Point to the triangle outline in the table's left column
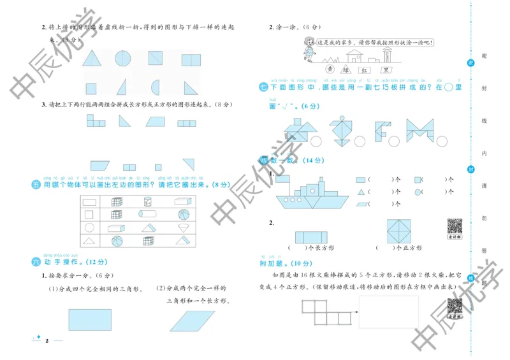tap(90, 241)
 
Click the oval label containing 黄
tap(330, 69)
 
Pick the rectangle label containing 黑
tap(385, 69)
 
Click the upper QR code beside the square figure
tap(454, 226)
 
